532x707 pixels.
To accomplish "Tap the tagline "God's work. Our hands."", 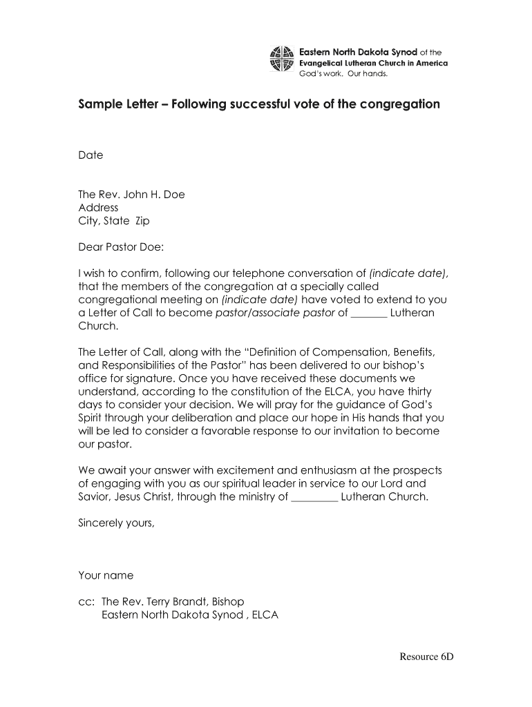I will tap(343, 73).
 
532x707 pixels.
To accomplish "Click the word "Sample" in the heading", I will tap(99, 105).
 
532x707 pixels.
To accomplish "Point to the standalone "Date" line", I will tap(91, 155).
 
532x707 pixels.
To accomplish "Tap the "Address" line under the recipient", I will tap(98, 208).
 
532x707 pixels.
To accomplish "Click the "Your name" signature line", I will tap(106, 575).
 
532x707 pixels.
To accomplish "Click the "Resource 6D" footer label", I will tap(426, 657).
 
